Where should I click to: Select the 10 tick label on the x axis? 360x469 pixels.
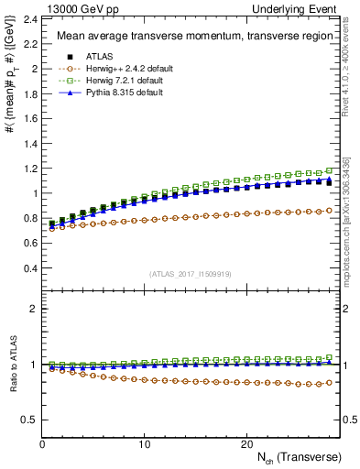tap(144, 443)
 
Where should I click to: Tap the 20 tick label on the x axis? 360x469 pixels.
tap(245, 443)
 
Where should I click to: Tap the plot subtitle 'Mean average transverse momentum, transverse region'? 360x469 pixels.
tap(189, 37)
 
